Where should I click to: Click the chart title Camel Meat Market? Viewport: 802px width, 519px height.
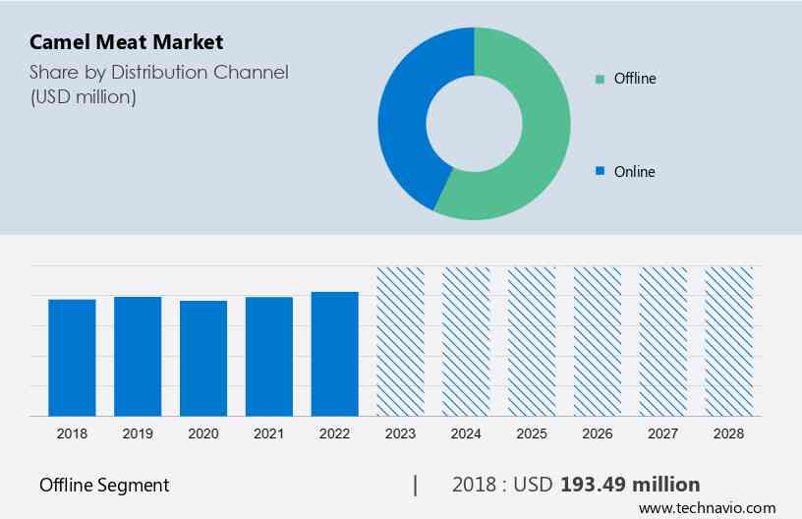click(127, 42)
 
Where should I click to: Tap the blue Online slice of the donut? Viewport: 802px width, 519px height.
click(408, 118)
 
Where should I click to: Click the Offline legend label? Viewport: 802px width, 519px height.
click(634, 79)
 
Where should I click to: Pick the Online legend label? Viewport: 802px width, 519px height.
click(634, 172)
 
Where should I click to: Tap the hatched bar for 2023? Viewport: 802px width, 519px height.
click(401, 341)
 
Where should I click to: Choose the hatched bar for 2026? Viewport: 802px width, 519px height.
click(598, 341)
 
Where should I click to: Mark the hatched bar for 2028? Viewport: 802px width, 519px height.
click(729, 341)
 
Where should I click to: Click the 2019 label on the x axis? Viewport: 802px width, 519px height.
click(138, 432)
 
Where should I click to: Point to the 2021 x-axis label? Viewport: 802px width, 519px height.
click(269, 432)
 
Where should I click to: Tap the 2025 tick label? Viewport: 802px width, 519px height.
click(532, 432)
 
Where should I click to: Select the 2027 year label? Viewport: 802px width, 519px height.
click(663, 432)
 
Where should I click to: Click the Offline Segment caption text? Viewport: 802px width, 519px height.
click(104, 486)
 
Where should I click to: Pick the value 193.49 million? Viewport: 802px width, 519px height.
click(629, 485)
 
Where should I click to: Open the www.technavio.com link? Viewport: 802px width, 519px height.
click(707, 508)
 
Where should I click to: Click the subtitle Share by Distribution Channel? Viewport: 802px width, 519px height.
click(158, 73)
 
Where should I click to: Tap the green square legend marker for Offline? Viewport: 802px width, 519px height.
click(600, 79)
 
